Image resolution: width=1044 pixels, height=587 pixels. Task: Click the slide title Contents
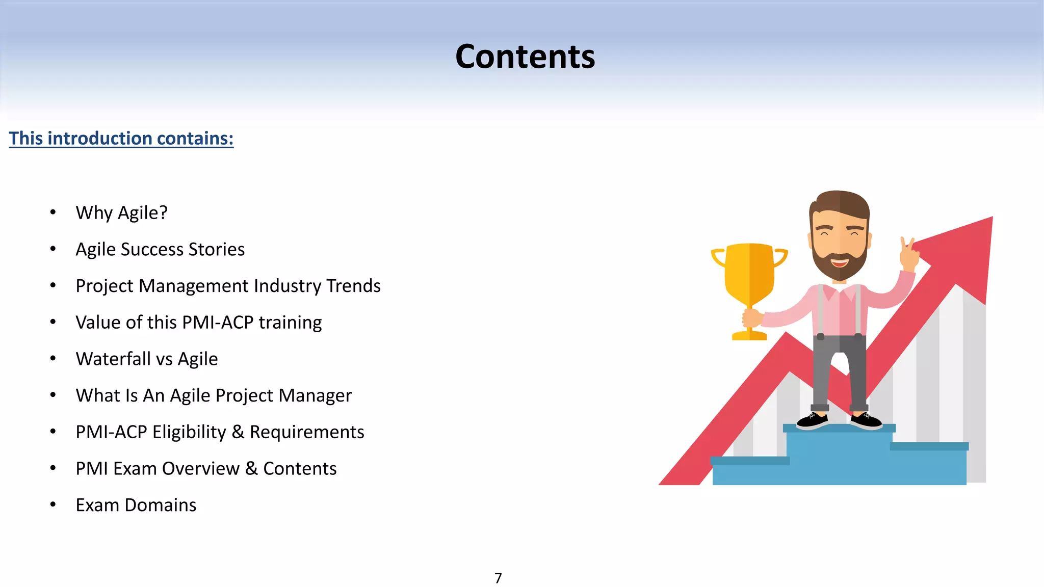click(525, 57)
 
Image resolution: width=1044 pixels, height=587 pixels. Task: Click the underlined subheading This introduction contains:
click(121, 139)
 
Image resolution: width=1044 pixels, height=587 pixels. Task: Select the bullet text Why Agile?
click(121, 212)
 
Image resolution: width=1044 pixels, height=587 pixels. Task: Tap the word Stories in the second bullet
click(216, 249)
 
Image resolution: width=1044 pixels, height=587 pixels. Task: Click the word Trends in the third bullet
click(353, 286)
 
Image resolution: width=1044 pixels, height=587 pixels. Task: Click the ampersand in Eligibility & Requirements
click(238, 432)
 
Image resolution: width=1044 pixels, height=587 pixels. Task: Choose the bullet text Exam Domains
click(136, 505)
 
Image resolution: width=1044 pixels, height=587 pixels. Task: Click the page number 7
click(498, 578)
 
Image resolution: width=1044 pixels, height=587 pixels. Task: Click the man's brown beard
click(839, 265)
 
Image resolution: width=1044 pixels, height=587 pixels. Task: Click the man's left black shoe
click(813, 420)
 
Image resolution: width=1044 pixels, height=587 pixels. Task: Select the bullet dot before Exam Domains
click(53, 504)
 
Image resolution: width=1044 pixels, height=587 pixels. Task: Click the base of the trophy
click(749, 335)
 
